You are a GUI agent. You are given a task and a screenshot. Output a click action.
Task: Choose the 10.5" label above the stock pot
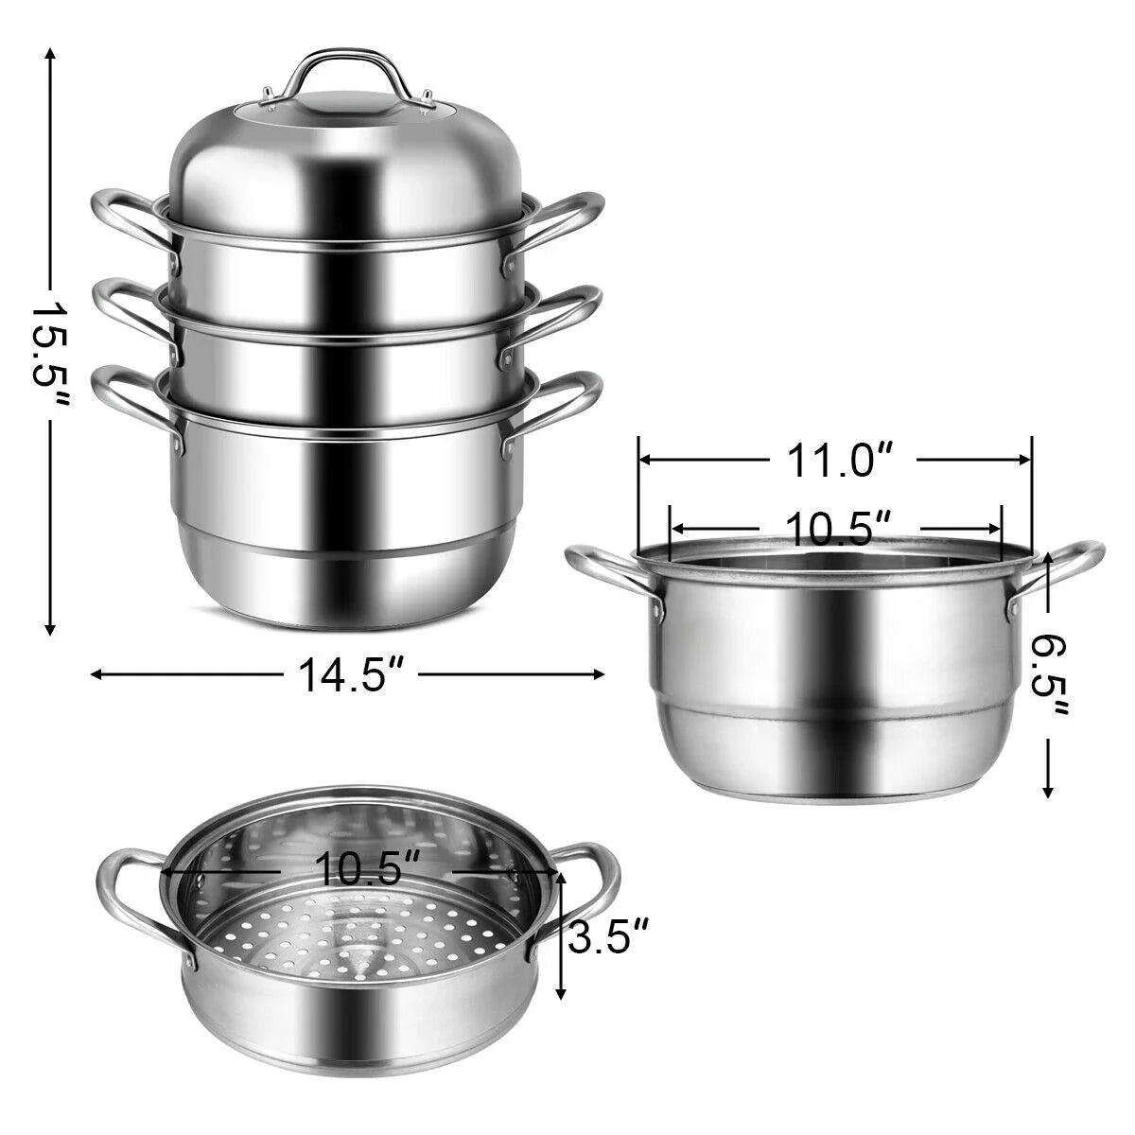[x=835, y=528]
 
